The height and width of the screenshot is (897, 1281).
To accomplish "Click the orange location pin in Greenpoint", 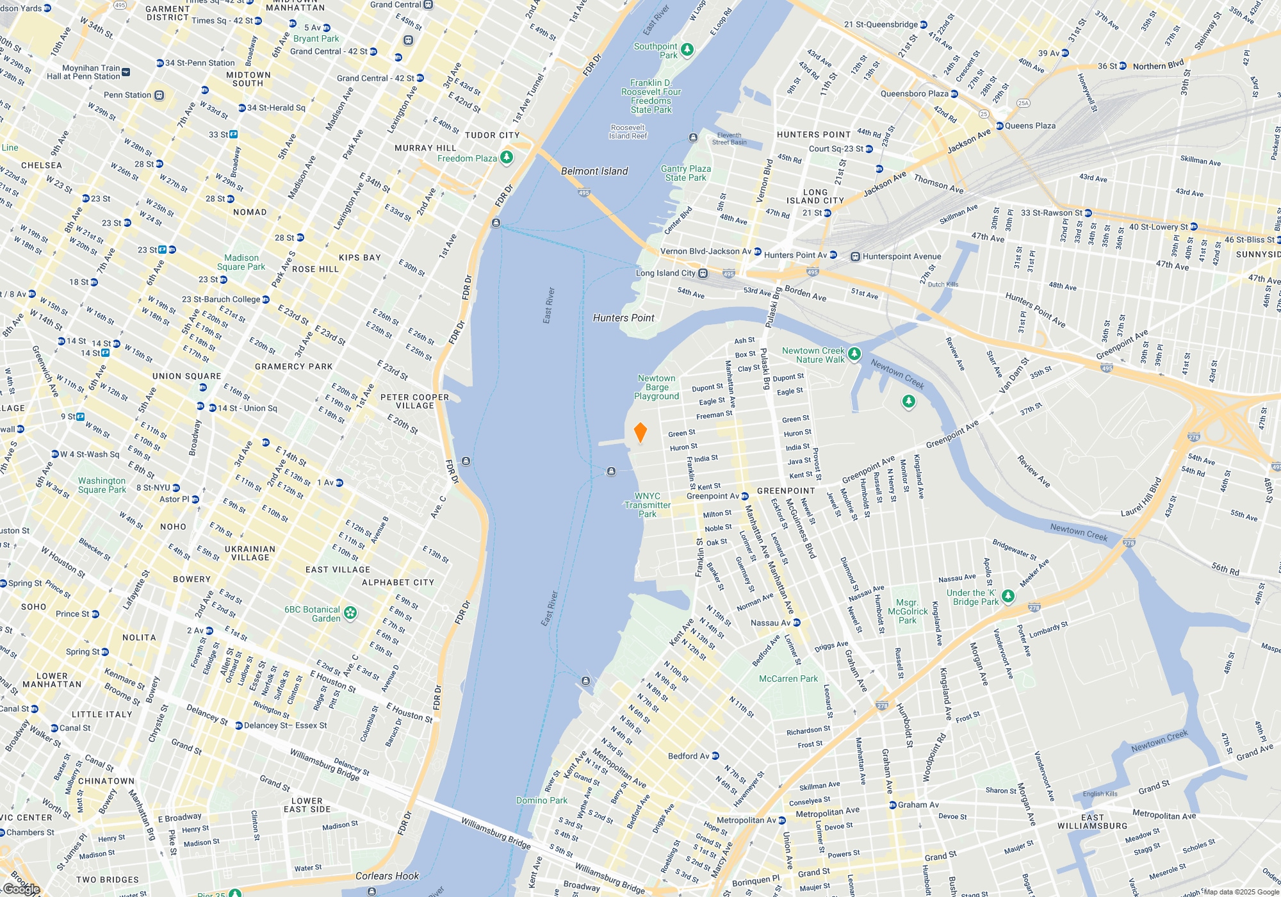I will pos(640,432).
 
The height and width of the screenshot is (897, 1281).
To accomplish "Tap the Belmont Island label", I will pos(594,171).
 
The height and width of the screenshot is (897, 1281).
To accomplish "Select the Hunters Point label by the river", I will pos(623,318).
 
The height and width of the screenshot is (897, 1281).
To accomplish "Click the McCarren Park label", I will pos(788,679).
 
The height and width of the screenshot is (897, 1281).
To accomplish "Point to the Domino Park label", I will pos(542,800).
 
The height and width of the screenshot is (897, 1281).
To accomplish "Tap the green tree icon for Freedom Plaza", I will pos(507,157).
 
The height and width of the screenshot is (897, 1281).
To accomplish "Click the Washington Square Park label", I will pos(102,485).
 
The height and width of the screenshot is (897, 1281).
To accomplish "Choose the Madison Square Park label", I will pos(241,262).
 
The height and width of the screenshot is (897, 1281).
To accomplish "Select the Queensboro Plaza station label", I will pos(915,94).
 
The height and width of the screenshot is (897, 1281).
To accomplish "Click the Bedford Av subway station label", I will pos(689,756).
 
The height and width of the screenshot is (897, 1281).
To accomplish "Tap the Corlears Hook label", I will pos(387,876).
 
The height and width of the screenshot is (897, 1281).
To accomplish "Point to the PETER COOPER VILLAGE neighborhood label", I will pos(414,401).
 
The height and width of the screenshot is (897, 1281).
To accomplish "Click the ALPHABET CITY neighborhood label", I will pos(398,582).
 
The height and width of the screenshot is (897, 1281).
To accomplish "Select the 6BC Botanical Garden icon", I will pos(350,613).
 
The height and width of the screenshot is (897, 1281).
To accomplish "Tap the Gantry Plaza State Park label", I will pos(686,173).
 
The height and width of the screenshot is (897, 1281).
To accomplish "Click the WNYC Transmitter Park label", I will pos(648,505).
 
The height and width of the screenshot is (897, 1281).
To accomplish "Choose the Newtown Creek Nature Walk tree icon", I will pos(854,354).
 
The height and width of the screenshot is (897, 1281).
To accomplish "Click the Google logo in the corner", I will pos(21,889).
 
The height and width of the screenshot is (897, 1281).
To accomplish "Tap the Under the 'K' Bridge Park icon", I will pos(1008,597).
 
